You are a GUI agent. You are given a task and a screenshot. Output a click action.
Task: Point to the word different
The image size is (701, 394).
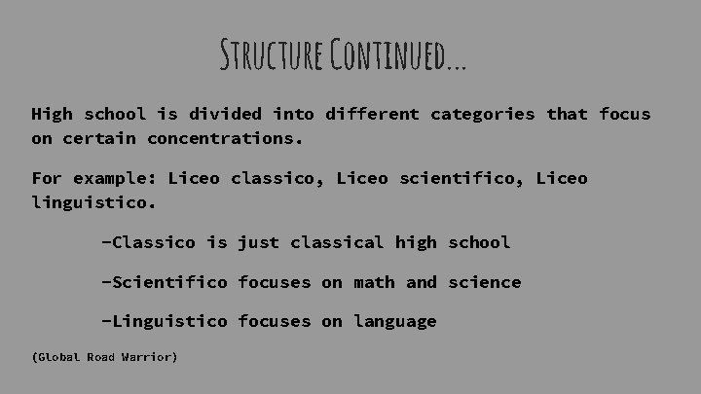coord(368,114)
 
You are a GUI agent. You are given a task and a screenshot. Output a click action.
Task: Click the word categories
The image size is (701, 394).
coord(483,114)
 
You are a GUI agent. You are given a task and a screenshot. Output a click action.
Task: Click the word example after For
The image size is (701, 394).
coord(116,178)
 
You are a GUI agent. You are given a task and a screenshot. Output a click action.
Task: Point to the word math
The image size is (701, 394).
coord(374,282)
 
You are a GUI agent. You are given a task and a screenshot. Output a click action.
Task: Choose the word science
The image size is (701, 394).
coord(484,282)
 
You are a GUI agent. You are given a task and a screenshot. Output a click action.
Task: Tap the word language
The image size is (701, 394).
coord(395,321)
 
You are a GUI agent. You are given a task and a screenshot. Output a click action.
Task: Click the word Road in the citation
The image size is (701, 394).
coord(100,357)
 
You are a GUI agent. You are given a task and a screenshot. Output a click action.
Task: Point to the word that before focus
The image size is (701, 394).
coord(568,114)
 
